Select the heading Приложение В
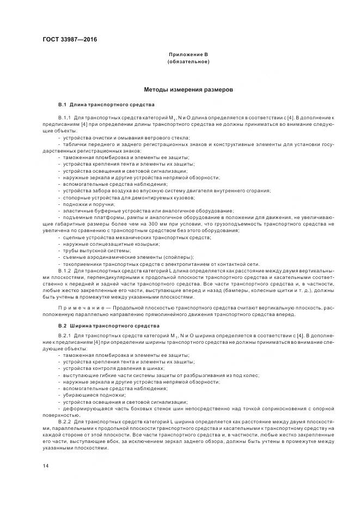coord(188,55)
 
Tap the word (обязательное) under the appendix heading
coord(188,62)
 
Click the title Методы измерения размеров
coord(188,89)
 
